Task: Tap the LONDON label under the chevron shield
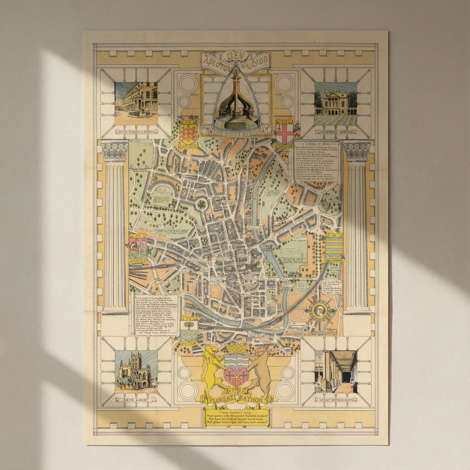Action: pos(188,146)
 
